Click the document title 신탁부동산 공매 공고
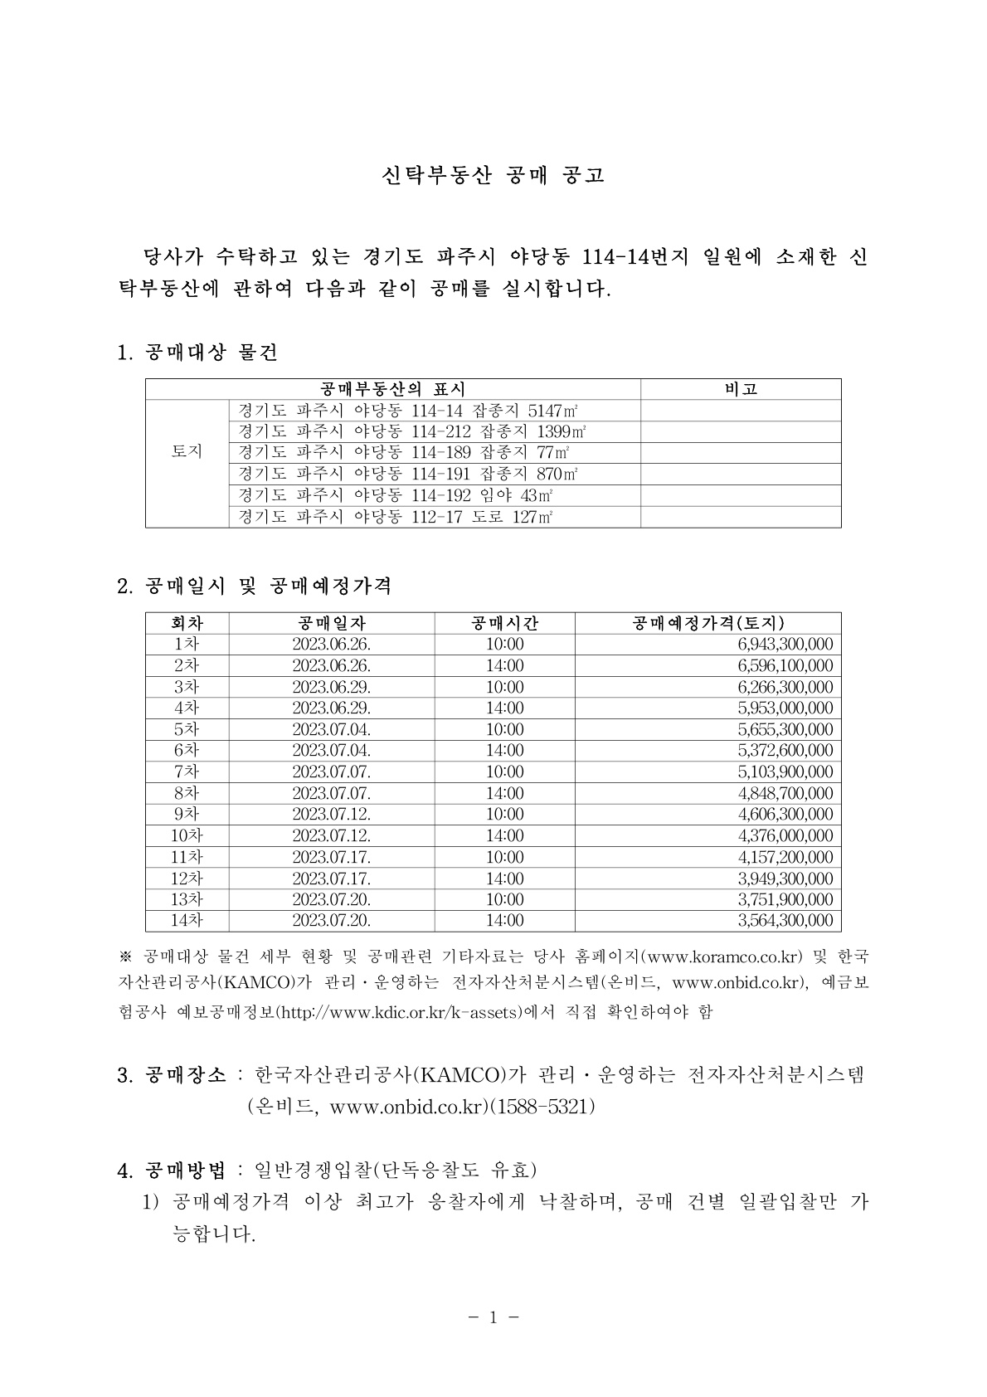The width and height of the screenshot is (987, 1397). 493,175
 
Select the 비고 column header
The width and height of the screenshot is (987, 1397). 741,389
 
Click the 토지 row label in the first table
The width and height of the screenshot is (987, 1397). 187,452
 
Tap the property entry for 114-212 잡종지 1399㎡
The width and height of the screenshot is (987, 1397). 411,431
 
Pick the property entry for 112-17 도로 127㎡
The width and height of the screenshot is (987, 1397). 395,517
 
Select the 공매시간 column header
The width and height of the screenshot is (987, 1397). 504,623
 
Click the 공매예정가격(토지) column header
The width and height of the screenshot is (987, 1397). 707,623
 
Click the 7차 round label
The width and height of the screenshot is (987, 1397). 187,772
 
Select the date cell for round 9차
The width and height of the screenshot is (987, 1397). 331,815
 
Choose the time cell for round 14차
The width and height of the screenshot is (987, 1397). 504,921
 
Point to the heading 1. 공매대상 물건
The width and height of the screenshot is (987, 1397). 198,353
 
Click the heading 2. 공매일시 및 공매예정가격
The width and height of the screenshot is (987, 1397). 255,587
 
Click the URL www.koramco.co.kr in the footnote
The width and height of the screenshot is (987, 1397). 726,956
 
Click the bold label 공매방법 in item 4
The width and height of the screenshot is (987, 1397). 185,1171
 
